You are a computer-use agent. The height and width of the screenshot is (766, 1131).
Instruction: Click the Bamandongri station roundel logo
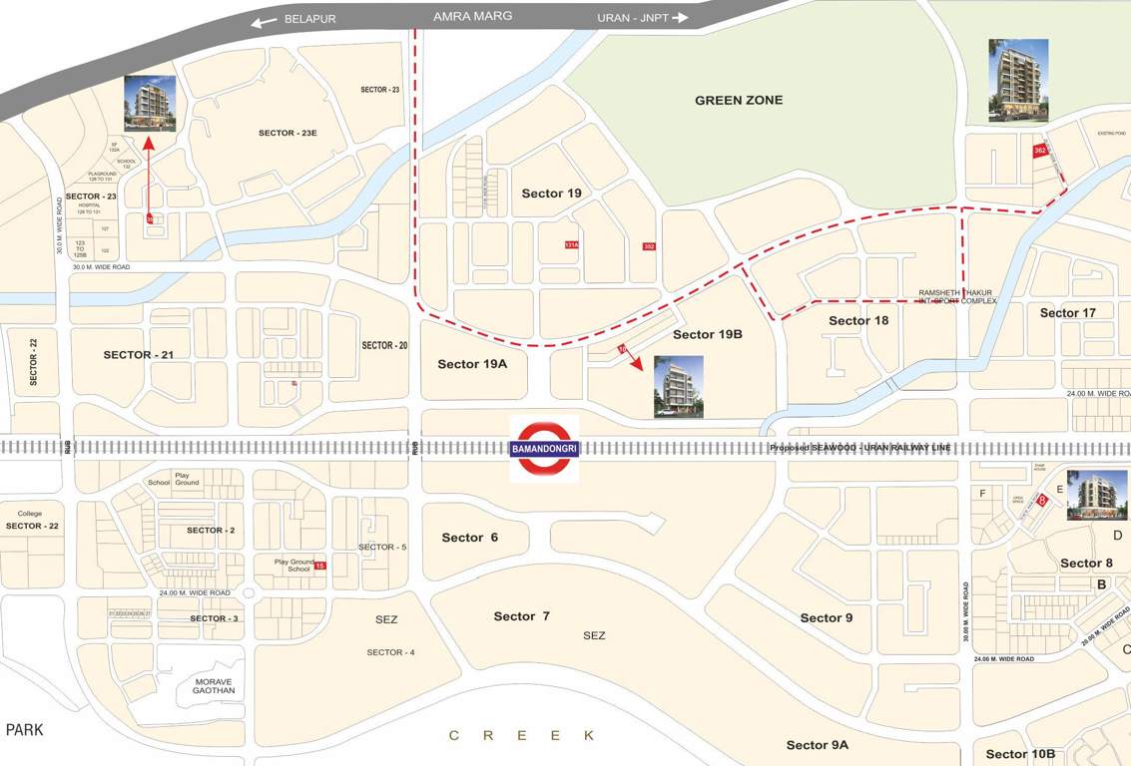(x=544, y=448)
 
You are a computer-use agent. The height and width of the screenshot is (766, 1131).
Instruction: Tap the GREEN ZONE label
(x=739, y=100)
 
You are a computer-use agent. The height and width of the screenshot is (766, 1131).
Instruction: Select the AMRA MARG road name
(x=472, y=17)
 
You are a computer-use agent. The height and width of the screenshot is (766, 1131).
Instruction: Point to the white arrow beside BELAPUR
(x=264, y=21)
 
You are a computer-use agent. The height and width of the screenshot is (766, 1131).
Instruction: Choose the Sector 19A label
(x=472, y=364)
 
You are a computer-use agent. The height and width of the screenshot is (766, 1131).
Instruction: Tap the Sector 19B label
(x=707, y=334)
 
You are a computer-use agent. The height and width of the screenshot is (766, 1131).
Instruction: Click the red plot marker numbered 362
(x=1039, y=151)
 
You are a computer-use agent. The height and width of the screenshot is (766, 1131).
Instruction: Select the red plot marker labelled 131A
(x=571, y=244)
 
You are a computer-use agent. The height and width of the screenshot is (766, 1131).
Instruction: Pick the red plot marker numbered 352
(x=649, y=246)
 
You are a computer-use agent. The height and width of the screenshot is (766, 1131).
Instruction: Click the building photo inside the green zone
(x=1018, y=80)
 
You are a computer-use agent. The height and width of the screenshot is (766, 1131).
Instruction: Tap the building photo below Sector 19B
(x=678, y=386)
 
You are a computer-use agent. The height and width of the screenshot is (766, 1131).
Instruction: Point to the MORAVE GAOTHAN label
(x=214, y=685)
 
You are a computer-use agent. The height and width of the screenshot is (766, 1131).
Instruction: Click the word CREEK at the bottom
(x=522, y=735)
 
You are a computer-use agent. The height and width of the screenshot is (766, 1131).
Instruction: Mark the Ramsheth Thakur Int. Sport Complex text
(x=956, y=297)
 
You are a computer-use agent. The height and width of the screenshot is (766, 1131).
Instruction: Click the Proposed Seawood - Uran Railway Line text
(x=859, y=448)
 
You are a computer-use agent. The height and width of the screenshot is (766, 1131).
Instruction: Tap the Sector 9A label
(x=817, y=745)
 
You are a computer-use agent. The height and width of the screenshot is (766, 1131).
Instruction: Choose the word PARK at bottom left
(x=24, y=730)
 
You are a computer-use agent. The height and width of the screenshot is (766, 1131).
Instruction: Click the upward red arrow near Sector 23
(x=149, y=175)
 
